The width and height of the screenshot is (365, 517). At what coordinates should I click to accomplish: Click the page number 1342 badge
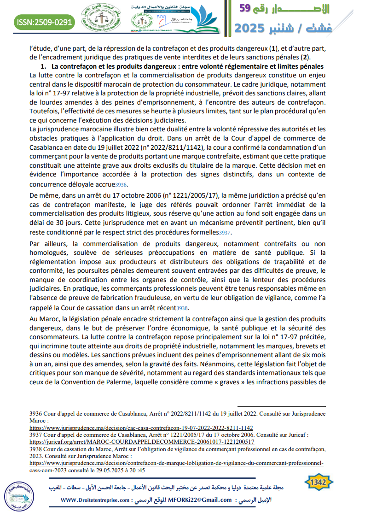click(318, 482)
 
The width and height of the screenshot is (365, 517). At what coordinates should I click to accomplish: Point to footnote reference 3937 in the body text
click(225, 233)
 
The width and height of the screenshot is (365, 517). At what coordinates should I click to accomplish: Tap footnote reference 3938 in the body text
click(182, 308)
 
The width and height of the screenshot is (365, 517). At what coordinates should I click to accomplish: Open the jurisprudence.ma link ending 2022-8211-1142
click(141, 428)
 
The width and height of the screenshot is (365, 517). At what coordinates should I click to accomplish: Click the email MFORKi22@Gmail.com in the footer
click(200, 500)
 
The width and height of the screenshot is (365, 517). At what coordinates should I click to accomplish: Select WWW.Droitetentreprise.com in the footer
click(94, 500)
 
